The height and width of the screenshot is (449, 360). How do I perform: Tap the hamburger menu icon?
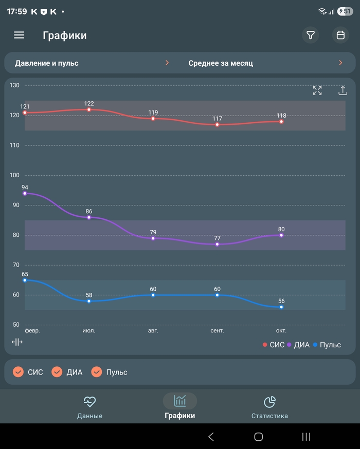point(19,35)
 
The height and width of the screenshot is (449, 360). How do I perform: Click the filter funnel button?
point(311,35)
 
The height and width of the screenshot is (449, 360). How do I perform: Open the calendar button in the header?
point(340,35)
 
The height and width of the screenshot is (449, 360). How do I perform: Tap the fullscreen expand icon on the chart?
point(317,90)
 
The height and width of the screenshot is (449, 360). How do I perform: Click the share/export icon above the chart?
point(343,90)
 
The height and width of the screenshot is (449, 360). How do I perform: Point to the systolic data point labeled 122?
point(89,109)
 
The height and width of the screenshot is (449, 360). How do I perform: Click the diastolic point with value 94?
point(25,193)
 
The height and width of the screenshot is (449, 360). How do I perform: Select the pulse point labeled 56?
point(281,307)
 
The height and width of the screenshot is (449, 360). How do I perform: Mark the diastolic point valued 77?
point(218,244)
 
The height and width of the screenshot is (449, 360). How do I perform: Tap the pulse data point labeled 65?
point(25,280)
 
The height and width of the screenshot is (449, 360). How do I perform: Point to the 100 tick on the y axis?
point(14,175)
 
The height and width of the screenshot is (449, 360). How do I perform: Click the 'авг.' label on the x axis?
point(153,331)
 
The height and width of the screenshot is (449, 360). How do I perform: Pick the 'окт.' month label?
point(281,331)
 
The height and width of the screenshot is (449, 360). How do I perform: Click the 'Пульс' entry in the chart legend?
point(327,345)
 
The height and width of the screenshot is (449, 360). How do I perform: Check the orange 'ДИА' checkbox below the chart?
point(57,372)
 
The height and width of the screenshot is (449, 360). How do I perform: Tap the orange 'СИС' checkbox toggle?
point(19,372)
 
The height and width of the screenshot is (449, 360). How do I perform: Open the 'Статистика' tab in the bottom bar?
point(269,407)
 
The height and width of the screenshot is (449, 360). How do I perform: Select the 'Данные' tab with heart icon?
point(90,407)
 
